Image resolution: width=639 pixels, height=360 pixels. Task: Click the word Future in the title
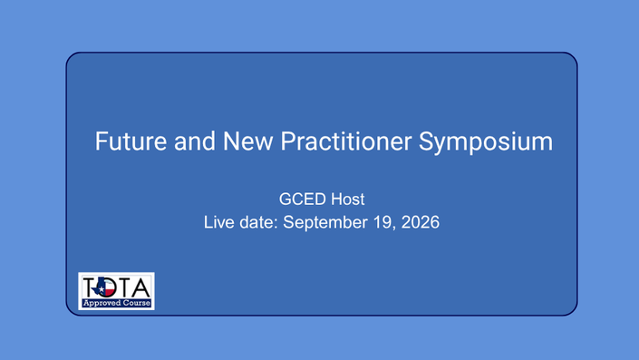click(131, 141)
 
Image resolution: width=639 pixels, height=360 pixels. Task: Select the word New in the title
click(247, 141)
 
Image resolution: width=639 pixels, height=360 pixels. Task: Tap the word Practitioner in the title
click(346, 141)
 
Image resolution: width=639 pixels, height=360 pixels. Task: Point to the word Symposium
click(486, 142)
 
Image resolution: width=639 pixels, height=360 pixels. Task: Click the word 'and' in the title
click(195, 141)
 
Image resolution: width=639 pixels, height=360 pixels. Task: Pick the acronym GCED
click(303, 199)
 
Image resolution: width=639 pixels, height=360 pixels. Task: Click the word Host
click(348, 199)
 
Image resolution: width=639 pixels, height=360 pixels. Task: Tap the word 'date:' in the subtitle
click(259, 222)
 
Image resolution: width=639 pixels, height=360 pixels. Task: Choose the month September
click(327, 223)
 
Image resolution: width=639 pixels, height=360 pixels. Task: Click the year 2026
click(421, 222)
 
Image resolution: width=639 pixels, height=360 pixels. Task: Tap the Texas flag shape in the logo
click(105, 287)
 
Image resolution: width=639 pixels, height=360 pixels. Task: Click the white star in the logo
click(102, 289)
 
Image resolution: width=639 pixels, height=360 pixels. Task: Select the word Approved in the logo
click(102, 304)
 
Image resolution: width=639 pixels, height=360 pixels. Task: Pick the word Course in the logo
click(137, 303)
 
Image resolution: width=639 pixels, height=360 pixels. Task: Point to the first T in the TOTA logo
click(92, 287)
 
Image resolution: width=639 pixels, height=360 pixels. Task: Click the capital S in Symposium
click(426, 141)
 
